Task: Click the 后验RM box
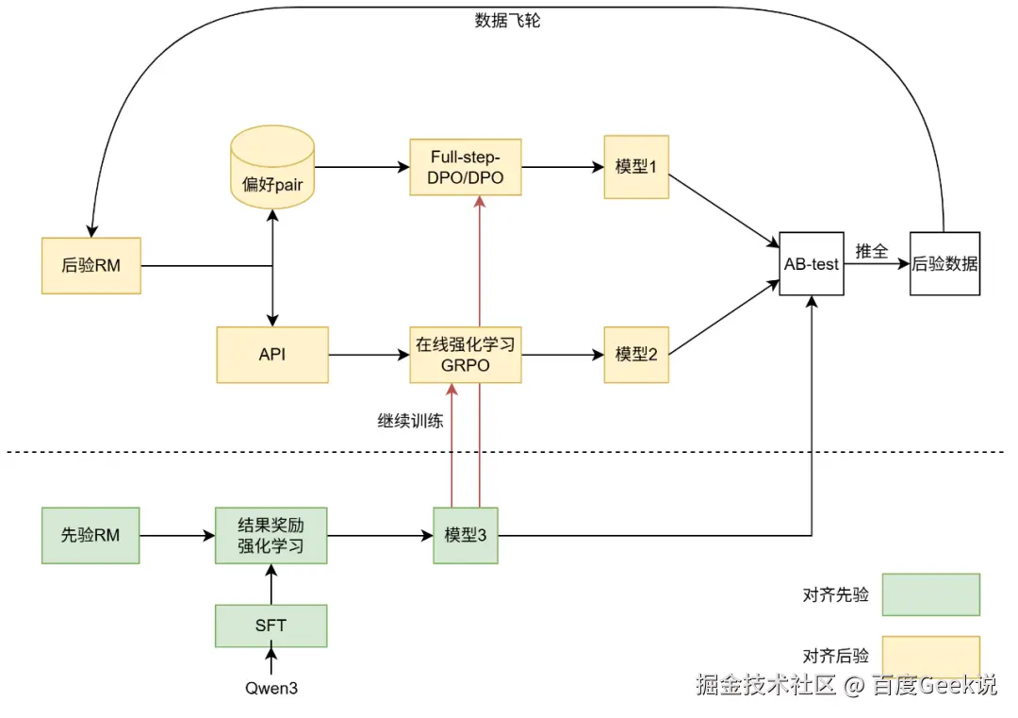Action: click(90, 265)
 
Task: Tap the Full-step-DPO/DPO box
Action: click(465, 167)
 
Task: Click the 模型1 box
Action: click(636, 167)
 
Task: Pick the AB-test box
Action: click(811, 264)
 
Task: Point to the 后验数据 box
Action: click(944, 264)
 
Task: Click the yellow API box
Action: click(271, 355)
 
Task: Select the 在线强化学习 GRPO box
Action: click(465, 355)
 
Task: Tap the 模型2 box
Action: click(636, 355)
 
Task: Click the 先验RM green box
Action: click(90, 536)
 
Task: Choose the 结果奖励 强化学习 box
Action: click(271, 536)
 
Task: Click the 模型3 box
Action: click(465, 536)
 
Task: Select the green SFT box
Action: click(271, 626)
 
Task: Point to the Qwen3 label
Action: click(271, 688)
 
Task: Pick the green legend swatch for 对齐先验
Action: click(930, 594)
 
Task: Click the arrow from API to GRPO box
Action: click(369, 355)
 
